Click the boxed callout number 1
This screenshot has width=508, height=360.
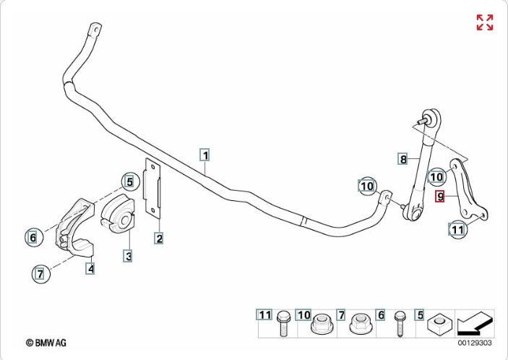[x=205, y=155]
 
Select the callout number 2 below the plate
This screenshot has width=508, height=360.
[x=158, y=237]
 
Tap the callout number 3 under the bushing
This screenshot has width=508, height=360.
[x=127, y=255]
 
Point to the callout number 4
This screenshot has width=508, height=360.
[x=90, y=269]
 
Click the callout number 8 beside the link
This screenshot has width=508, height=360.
[x=403, y=158]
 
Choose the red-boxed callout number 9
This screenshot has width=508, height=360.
[x=439, y=195]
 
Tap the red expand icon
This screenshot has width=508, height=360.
[x=484, y=22]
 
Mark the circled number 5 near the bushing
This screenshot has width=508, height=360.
[x=129, y=181]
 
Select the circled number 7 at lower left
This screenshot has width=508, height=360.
[x=40, y=273]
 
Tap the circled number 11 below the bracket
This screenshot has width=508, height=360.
[x=457, y=231]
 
